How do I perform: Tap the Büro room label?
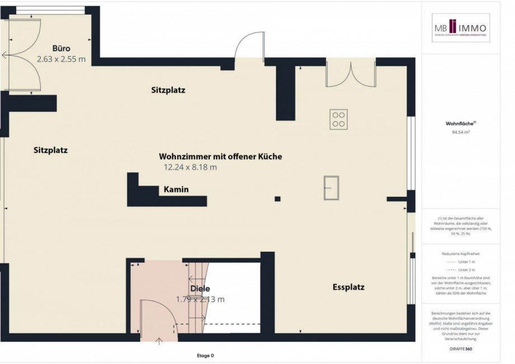click(x=61, y=48)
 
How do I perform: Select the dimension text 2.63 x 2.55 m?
click(x=61, y=58)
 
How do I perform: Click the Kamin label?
click(x=176, y=190)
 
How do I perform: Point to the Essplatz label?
click(x=348, y=287)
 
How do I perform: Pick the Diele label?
click(x=200, y=289)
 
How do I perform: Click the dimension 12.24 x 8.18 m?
click(x=190, y=167)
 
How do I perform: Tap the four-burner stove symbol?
click(x=338, y=119)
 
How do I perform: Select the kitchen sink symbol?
click(x=331, y=187)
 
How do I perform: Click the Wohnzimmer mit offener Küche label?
click(x=220, y=157)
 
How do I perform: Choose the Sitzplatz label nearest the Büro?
click(x=168, y=89)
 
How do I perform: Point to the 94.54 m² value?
click(x=460, y=133)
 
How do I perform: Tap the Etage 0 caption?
click(x=205, y=355)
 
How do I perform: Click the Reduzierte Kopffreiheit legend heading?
click(x=461, y=253)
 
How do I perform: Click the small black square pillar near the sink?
click(x=277, y=198)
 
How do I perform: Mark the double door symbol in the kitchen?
click(x=350, y=74)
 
